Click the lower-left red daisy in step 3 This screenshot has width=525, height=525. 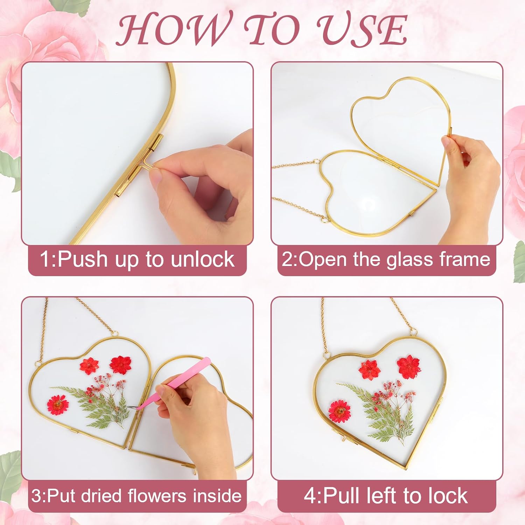(x=57, y=405)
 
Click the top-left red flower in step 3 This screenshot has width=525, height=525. (x=89, y=365)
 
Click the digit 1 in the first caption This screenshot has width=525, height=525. (x=45, y=259)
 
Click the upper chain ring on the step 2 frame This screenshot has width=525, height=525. (x=317, y=162)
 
